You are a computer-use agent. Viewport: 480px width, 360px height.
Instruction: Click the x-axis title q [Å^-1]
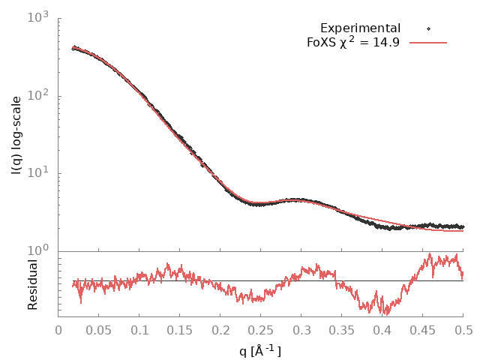point(260,349)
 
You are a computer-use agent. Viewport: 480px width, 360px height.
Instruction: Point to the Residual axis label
point(32,284)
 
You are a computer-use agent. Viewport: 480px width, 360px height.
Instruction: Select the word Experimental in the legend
point(360,28)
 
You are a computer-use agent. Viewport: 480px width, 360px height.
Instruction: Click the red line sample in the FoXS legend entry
point(428,43)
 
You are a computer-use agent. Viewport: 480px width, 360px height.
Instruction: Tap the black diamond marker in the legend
point(428,28)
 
